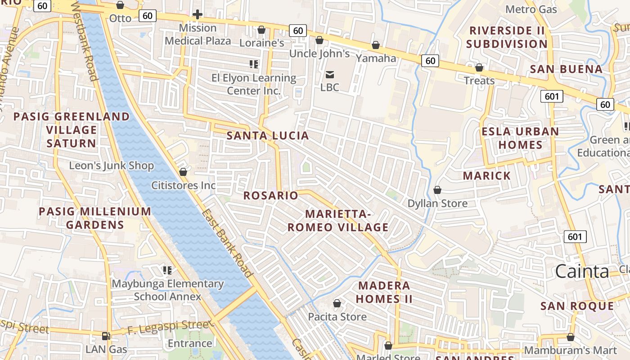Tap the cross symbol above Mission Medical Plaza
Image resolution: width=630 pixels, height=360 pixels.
pyautogui.click(x=197, y=14)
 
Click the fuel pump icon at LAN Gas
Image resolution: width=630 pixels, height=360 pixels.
pyautogui.click(x=106, y=336)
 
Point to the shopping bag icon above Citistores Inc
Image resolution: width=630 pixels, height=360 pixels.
pyautogui.click(x=183, y=172)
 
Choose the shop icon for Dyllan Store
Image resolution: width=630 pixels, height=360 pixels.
pyautogui.click(x=437, y=190)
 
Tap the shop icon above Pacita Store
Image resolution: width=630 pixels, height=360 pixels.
pyautogui.click(x=337, y=304)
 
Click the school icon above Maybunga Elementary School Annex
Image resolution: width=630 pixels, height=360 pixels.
pyautogui.click(x=167, y=270)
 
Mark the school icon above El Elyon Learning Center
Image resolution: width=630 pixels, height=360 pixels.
pyautogui.click(x=254, y=64)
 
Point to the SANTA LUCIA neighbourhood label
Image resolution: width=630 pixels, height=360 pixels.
pyautogui.click(x=268, y=135)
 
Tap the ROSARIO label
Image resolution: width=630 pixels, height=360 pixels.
pyautogui.click(x=271, y=195)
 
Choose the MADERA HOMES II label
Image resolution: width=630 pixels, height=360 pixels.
pyautogui.click(x=384, y=292)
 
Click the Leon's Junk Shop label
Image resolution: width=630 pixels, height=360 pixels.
pyautogui.click(x=111, y=166)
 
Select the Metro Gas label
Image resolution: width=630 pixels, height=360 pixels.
pyautogui.click(x=531, y=9)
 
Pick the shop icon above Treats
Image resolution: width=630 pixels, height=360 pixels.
pyautogui.click(x=479, y=67)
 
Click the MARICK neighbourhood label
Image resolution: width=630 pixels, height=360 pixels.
pyautogui.click(x=487, y=175)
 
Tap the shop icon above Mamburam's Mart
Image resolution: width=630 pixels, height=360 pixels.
pyautogui.click(x=571, y=337)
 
